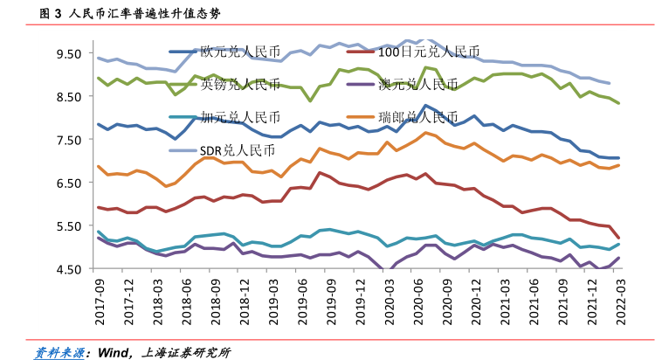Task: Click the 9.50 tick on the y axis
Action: pos(68,53)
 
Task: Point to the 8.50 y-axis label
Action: pos(68,97)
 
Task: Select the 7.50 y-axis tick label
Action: pos(68,140)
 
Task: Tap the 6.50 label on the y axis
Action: pos(68,183)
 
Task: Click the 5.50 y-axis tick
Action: pos(68,226)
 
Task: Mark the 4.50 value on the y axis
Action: pos(68,269)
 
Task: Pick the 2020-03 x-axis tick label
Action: pos(388,300)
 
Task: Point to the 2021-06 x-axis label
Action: pos(533,300)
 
